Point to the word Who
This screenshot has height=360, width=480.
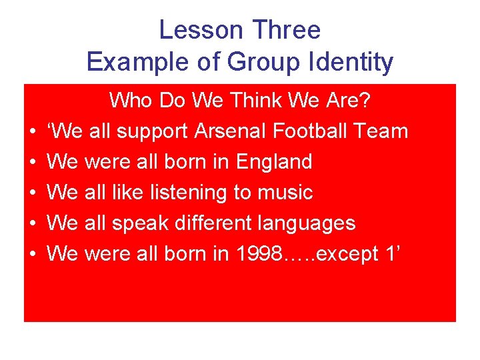pyautogui.click(x=130, y=101)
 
